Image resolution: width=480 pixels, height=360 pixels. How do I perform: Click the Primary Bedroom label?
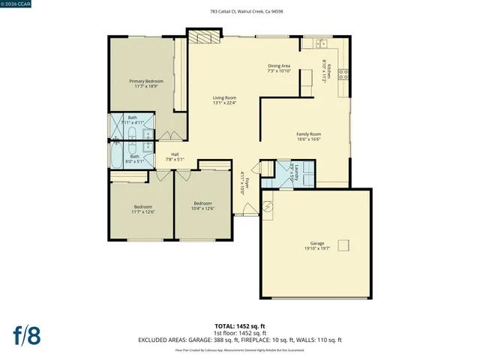tap(146, 81)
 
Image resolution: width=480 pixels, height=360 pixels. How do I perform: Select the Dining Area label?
tap(279, 66)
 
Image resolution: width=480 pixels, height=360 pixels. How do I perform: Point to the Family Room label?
tap(309, 134)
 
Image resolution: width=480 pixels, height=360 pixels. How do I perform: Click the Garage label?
tap(317, 244)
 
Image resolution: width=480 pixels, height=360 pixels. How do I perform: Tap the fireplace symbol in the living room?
tap(203, 38)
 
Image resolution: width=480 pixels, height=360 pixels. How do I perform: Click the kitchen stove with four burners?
tap(343, 73)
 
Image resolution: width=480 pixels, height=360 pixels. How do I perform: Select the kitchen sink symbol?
tap(319, 43)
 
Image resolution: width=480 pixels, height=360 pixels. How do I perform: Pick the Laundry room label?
tap(296, 171)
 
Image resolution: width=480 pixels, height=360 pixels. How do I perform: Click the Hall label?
tap(175, 154)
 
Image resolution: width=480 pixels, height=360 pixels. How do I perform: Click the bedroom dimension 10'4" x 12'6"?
tap(203, 208)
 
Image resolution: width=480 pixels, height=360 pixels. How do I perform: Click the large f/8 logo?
tap(26, 335)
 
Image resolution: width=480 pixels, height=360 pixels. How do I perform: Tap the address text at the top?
tap(241, 12)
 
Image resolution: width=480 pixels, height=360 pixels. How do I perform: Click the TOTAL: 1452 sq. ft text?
tap(240, 326)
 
